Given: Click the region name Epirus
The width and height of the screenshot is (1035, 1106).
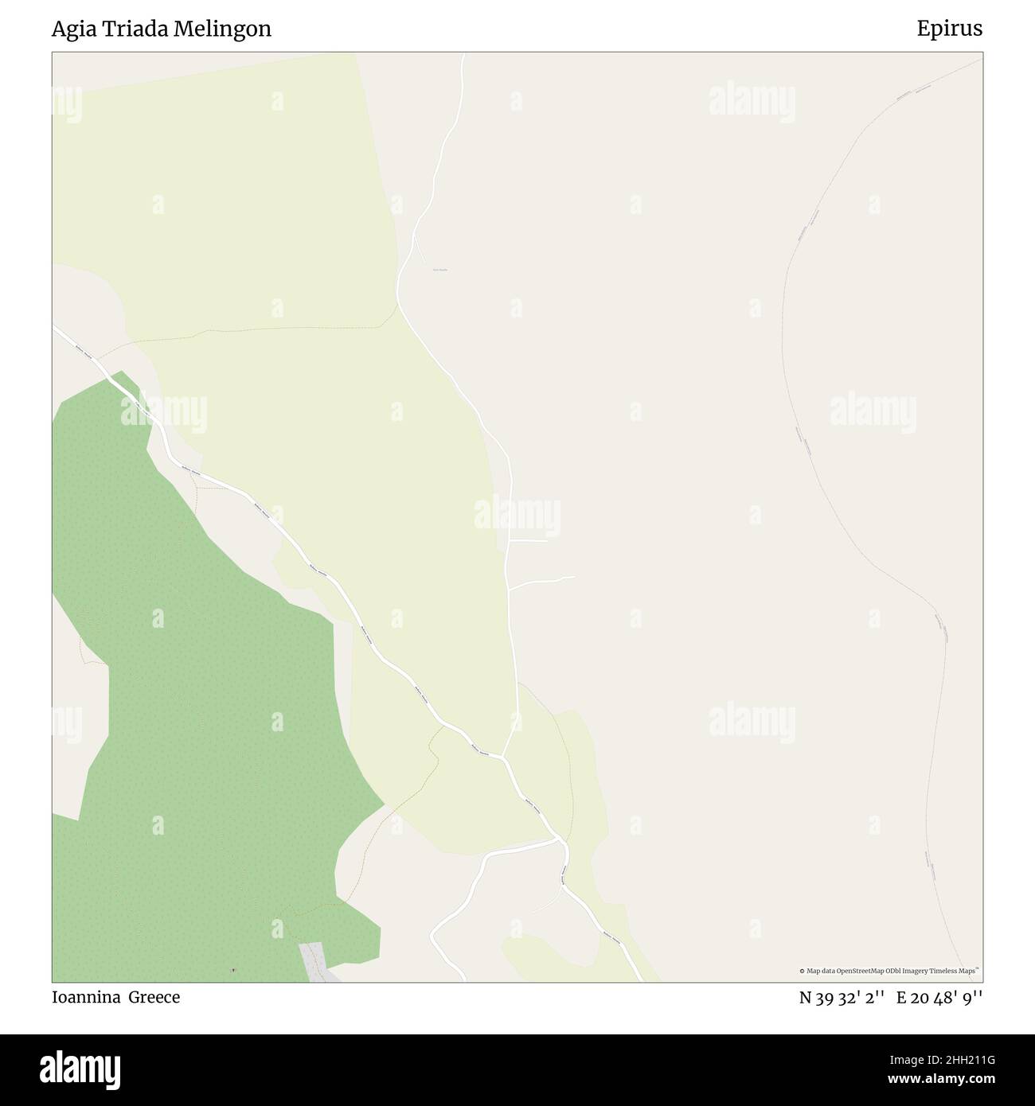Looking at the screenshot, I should tap(949, 29).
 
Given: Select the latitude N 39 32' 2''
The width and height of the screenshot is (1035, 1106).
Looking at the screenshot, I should tap(842, 998).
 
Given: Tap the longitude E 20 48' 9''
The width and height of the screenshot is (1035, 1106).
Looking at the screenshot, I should tap(940, 998).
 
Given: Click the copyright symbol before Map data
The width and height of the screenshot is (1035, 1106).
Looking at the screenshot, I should tap(803, 971).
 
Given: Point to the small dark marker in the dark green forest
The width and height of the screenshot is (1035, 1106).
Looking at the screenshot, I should tap(232, 970).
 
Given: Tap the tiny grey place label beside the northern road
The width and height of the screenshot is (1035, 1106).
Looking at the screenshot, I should tap(439, 271).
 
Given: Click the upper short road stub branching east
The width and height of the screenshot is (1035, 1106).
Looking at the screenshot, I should tap(529, 541).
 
